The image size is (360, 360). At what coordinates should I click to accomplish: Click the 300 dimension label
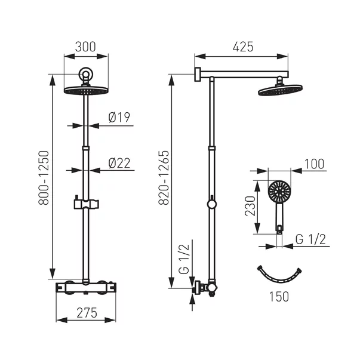[85, 47]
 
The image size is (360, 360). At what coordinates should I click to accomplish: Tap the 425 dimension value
[243, 47]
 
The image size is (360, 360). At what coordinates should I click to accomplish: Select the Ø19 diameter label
[119, 118]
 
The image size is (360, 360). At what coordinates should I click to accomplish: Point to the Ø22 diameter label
[119, 163]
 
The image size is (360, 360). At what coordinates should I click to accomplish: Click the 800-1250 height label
[44, 178]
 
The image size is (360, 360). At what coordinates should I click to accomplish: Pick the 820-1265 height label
[164, 178]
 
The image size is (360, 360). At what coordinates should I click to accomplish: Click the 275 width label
[87, 313]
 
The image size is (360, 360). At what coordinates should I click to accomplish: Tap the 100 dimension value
[314, 164]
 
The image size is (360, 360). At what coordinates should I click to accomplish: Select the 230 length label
[250, 206]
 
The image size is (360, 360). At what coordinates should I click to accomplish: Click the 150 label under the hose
[279, 297]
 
